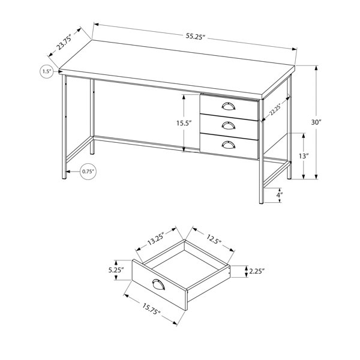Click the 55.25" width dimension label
[x=195, y=36]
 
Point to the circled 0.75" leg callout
[x=88, y=172]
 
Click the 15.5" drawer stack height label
[x=184, y=123]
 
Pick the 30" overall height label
[x=316, y=122]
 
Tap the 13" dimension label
[x=303, y=156]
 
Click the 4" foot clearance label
[x=280, y=195]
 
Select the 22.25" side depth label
[x=275, y=110]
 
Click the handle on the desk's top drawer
[x=229, y=106]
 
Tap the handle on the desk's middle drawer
[x=229, y=125]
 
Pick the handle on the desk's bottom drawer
[x=229, y=144]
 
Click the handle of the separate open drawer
[x=158, y=284]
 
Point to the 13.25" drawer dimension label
[x=155, y=239]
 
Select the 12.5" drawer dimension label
[x=214, y=239]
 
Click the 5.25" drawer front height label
[x=116, y=270]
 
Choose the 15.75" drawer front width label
[x=151, y=309]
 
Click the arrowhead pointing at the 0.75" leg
[x=68, y=172]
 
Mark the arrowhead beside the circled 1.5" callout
[x=56, y=71]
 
